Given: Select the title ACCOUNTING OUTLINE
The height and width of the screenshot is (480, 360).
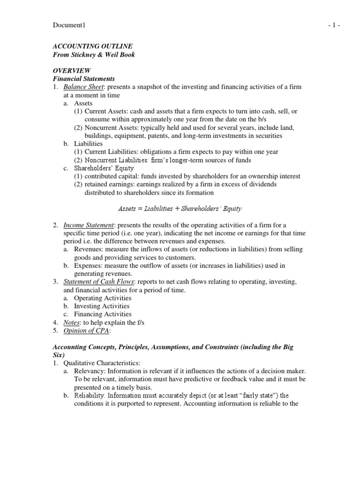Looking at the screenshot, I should click(x=92, y=46).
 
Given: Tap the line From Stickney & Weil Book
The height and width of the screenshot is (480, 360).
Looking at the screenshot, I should click(x=94, y=54).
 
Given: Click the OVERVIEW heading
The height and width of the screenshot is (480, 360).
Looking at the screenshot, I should click(x=71, y=70).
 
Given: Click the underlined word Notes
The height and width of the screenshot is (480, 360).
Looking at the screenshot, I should click(x=72, y=322).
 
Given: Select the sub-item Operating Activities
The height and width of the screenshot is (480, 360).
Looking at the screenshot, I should click(x=103, y=298).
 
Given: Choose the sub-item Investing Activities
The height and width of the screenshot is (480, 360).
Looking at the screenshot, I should click(x=102, y=306).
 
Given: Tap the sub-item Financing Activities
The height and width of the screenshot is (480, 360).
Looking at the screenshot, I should click(x=103, y=314).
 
